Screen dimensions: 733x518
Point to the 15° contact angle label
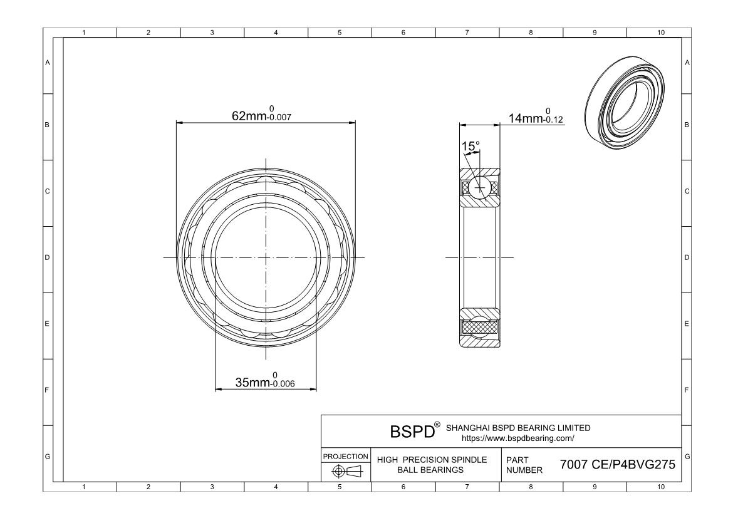(470, 147)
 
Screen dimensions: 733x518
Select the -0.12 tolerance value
(553, 120)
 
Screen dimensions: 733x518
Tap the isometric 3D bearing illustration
(625, 102)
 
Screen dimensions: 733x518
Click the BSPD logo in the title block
(412, 432)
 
